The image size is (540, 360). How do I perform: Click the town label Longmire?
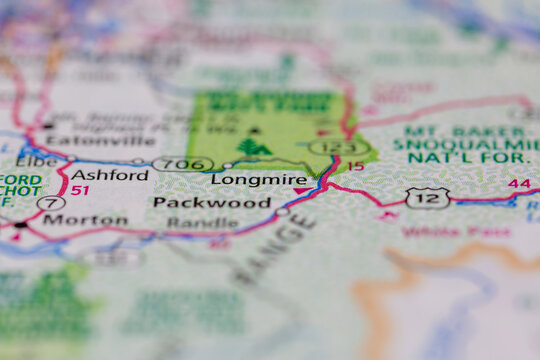tap(259, 180)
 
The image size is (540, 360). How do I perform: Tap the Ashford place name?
tap(110, 175)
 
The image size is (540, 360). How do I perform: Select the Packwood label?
tap(211, 203)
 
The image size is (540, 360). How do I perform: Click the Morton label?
tap(85, 220)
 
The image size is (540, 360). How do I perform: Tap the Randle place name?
tap(202, 223)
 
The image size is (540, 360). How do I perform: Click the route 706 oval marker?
tap(184, 163)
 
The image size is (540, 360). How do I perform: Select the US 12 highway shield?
tap(427, 197)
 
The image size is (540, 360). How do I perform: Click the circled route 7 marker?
tap(51, 202)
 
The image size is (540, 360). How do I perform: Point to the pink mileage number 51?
tap(80, 190)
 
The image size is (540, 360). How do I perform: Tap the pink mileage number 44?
tap(519, 184)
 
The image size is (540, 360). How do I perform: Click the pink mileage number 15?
tap(355, 166)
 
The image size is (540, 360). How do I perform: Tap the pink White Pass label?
tap(434, 232)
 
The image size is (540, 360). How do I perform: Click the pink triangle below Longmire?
tap(301, 191)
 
